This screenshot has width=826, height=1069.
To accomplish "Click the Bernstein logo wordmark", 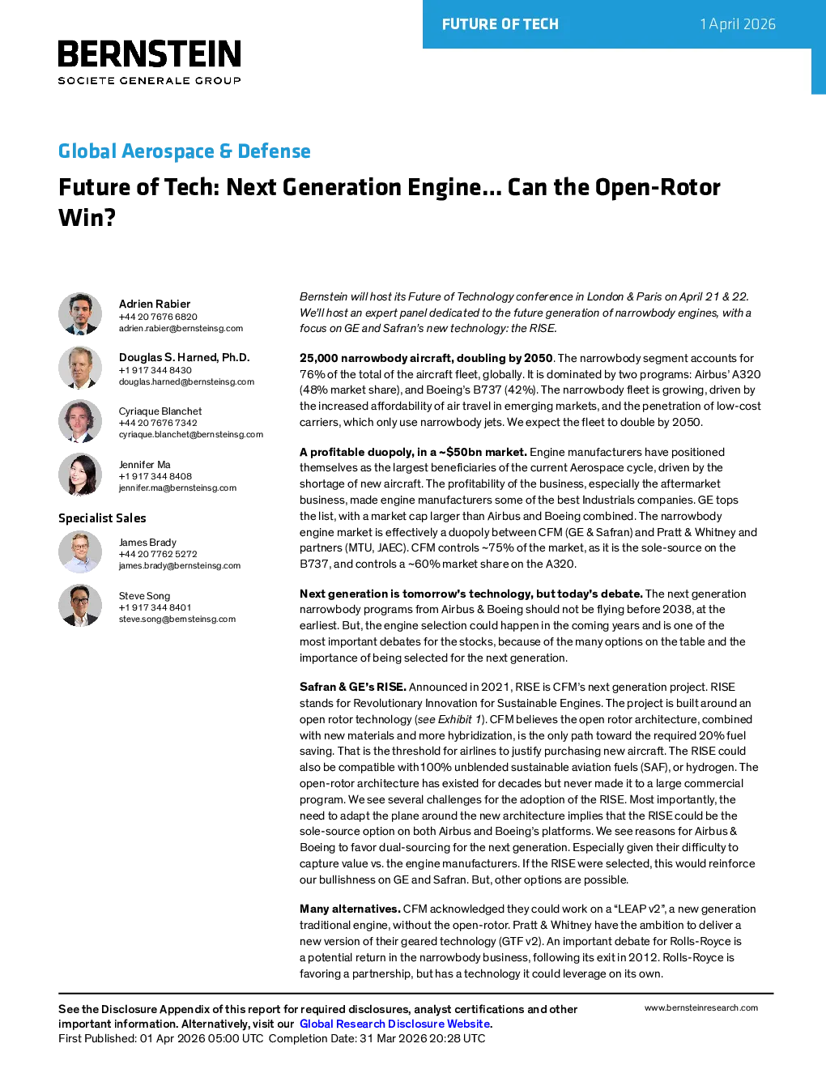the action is point(150,53).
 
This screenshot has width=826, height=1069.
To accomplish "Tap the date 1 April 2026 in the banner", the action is point(738,24).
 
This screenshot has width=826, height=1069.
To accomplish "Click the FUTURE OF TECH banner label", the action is point(500,24).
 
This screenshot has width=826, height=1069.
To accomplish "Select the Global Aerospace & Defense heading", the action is point(185,151).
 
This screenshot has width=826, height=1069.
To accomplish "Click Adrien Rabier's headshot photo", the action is point(80,314).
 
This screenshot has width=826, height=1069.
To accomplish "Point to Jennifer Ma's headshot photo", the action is point(80,475).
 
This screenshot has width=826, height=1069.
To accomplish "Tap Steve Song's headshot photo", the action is point(80,606).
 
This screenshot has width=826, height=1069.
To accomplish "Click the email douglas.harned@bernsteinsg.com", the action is point(186,381).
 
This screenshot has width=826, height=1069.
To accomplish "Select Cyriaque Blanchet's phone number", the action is point(158,423).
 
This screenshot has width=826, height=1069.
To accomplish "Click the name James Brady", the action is point(147,542).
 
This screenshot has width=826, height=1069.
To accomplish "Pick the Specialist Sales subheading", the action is point(102,518).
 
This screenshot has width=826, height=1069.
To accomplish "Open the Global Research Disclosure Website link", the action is point(395,1024).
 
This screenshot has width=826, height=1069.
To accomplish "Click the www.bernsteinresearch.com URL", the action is point(701,1007).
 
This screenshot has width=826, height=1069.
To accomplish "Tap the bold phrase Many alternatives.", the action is point(350,909).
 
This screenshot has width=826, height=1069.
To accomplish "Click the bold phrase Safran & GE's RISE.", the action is point(353,687).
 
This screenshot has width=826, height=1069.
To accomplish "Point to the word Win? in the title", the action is point(87,217).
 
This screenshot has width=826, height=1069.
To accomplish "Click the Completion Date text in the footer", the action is point(377,1038).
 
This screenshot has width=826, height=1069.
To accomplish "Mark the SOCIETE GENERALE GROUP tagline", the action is point(150,81).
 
